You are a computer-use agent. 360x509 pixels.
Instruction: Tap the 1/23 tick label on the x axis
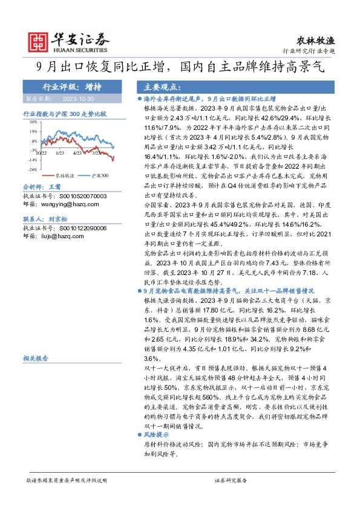[60, 154]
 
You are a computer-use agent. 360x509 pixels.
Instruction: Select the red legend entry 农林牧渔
[66, 175]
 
